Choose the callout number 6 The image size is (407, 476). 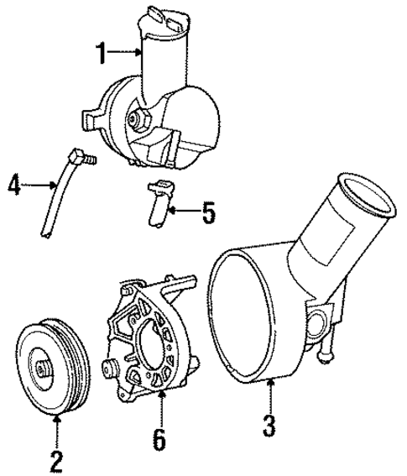coord(159,437)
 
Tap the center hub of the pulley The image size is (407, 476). coord(42,366)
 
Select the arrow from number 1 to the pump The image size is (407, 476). coord(127,54)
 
